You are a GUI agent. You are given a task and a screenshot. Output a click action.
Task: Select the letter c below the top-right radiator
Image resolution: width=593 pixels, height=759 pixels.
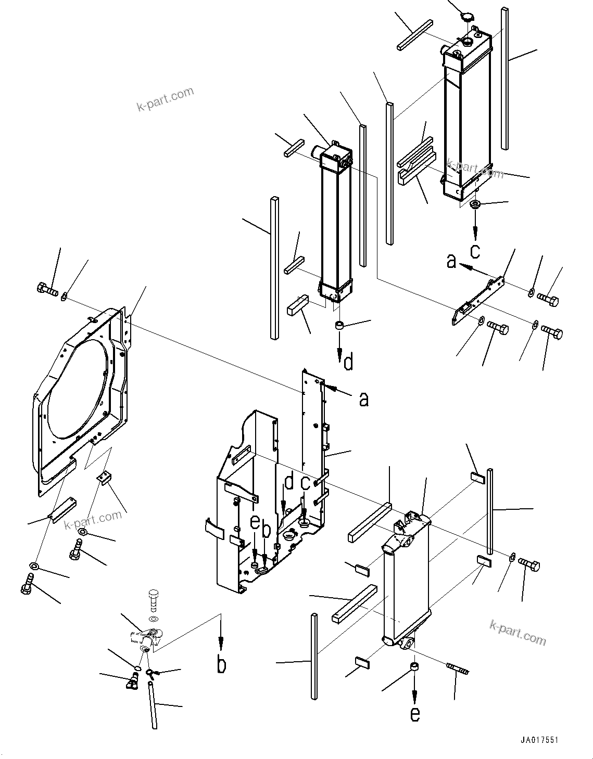tap(475, 251)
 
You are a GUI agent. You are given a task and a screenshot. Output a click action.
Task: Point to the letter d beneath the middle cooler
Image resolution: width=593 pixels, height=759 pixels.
tap(348, 362)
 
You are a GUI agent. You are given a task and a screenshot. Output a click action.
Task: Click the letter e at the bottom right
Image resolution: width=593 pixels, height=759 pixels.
tap(414, 714)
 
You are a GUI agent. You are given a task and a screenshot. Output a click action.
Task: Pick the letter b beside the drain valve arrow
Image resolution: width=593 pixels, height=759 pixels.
tap(222, 665)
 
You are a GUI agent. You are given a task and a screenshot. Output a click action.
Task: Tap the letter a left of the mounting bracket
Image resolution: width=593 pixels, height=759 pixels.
tap(451, 261)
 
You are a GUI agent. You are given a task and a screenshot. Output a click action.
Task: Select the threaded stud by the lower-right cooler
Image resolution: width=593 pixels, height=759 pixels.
tap(458, 670)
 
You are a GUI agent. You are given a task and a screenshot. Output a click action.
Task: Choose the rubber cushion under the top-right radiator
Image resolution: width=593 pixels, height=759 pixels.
tap(475, 204)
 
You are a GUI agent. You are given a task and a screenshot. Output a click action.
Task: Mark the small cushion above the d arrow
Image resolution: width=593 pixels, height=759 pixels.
tap(339, 327)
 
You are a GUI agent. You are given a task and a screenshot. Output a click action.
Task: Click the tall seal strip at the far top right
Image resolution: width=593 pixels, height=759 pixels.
tap(504, 78)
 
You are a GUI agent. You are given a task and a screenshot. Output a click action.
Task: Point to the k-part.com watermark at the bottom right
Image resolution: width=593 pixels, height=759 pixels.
tap(518, 633)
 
